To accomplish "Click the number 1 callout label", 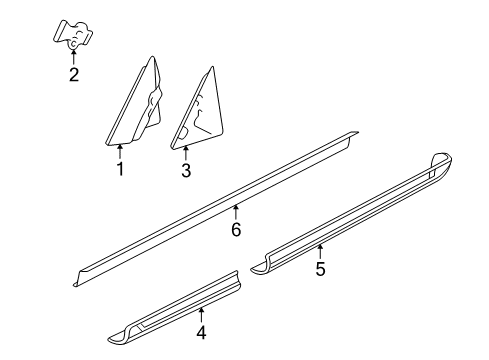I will coord(120,169).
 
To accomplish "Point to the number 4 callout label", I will coord(201,333).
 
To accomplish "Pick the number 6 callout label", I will coord(236,229).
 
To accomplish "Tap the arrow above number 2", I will coord(73,55).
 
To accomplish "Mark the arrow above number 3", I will coord(186,152).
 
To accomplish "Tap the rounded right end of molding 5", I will coord(445,163).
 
